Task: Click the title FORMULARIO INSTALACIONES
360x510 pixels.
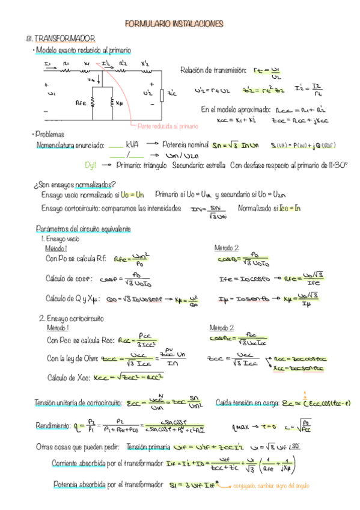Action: click(x=174, y=24)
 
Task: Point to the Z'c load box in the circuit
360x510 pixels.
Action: click(x=162, y=94)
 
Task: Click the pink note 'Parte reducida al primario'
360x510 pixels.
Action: click(x=168, y=126)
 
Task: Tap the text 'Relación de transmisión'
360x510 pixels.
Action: click(x=213, y=71)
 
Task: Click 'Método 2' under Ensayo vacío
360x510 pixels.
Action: click(x=227, y=248)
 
